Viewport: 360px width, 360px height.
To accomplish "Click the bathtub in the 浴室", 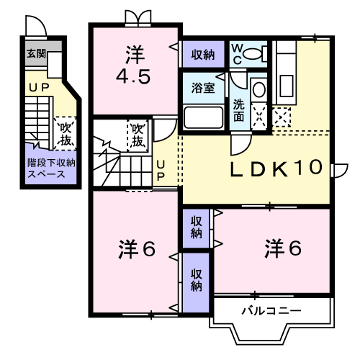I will [204, 117].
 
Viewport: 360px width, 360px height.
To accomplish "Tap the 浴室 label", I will [203, 88].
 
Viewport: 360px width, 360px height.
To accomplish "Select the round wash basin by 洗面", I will [259, 90].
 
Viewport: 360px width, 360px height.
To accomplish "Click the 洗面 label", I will [238, 108].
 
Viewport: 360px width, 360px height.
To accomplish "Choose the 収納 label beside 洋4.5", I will [203, 54].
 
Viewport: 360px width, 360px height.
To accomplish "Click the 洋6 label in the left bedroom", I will [137, 250].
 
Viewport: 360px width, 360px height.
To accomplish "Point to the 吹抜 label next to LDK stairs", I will [138, 134].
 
